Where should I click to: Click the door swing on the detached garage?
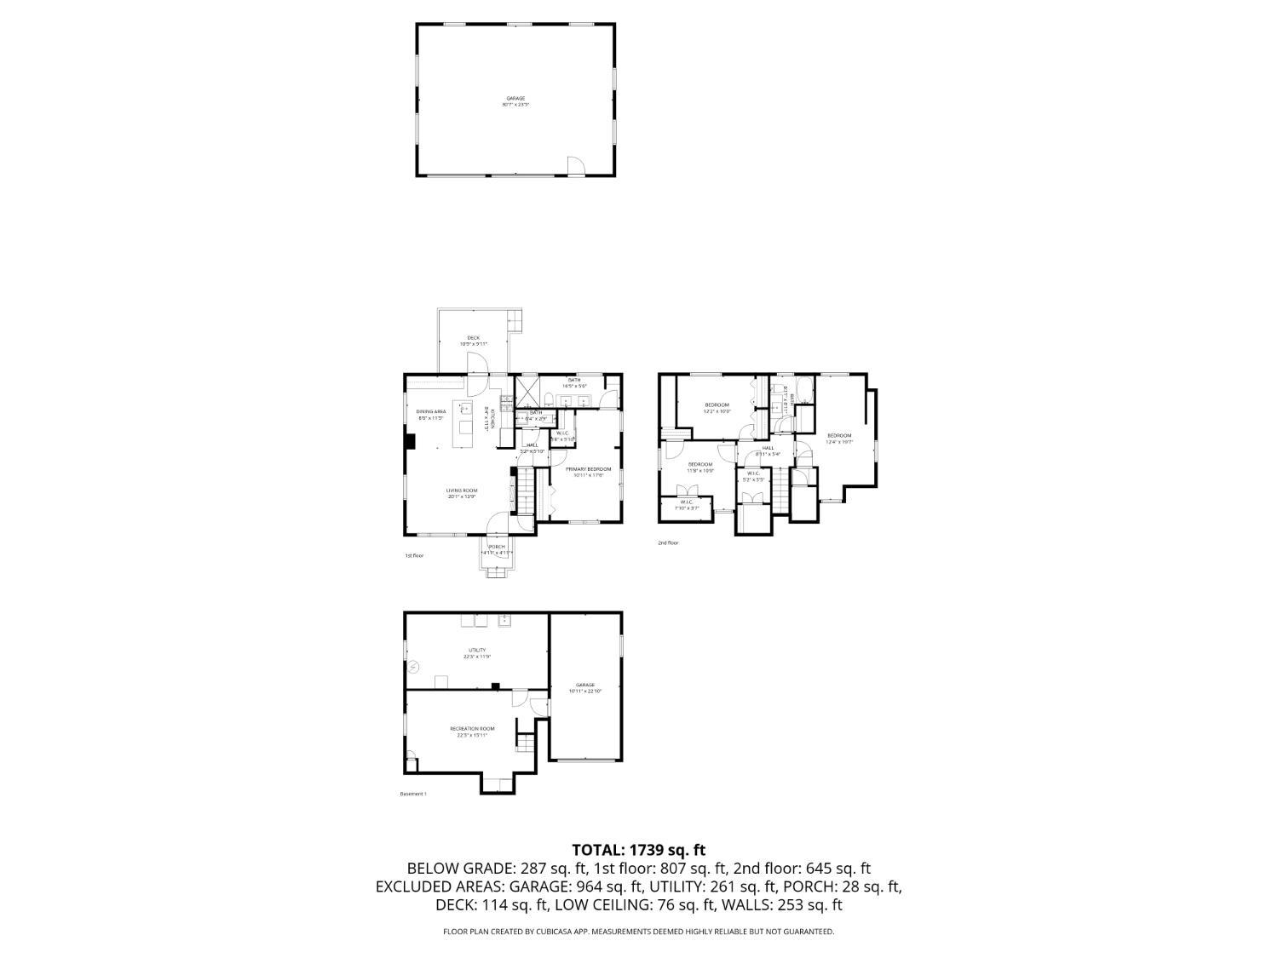(x=576, y=166)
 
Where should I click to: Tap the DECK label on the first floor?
(x=473, y=341)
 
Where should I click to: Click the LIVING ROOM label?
(x=462, y=493)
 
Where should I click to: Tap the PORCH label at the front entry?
(x=496, y=549)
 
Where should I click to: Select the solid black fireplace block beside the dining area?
(x=410, y=441)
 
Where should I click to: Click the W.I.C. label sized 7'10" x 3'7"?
(x=686, y=505)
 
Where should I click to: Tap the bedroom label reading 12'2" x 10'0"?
(x=717, y=407)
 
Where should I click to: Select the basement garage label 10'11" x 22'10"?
(x=584, y=687)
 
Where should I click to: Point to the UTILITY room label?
(x=476, y=653)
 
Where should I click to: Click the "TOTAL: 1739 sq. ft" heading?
(x=638, y=849)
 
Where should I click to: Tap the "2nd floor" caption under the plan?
(x=668, y=542)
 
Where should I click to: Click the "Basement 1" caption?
(x=413, y=794)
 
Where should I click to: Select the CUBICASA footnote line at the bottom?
(x=638, y=932)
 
